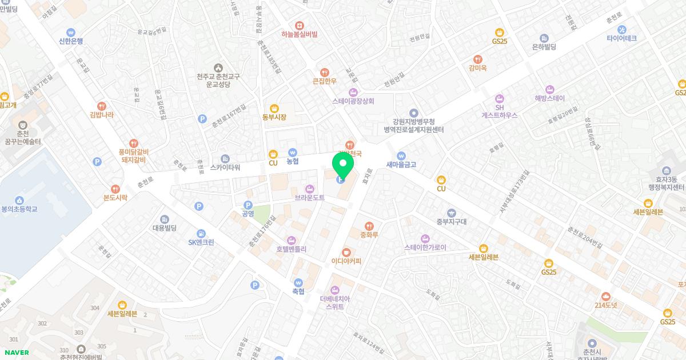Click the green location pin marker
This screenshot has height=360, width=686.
coord(343,167)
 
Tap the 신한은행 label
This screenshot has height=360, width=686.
coord(71,41)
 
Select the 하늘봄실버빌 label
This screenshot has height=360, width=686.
coord(299,34)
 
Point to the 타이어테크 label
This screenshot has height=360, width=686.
coord(621,38)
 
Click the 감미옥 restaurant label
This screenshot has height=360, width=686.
coord(477,67)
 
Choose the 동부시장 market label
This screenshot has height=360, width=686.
coord(274,117)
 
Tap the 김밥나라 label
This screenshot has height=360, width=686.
coord(102,114)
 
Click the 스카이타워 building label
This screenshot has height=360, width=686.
coord(225,167)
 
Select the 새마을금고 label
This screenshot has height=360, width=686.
coord(401,165)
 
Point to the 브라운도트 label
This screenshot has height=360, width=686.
coord(309,197)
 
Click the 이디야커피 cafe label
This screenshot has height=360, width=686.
coord(346,261)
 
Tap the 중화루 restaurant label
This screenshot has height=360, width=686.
coord(369,234)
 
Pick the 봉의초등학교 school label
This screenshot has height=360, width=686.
coord(19,209)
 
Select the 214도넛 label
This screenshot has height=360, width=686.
coord(605,305)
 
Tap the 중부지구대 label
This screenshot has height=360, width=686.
coord(451,222)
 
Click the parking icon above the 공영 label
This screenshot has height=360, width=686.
coord(248,205)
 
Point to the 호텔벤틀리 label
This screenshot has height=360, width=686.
coord(292,249)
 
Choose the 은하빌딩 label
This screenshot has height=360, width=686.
coord(544,47)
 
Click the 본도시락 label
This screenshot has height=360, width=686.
coord(115,197)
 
